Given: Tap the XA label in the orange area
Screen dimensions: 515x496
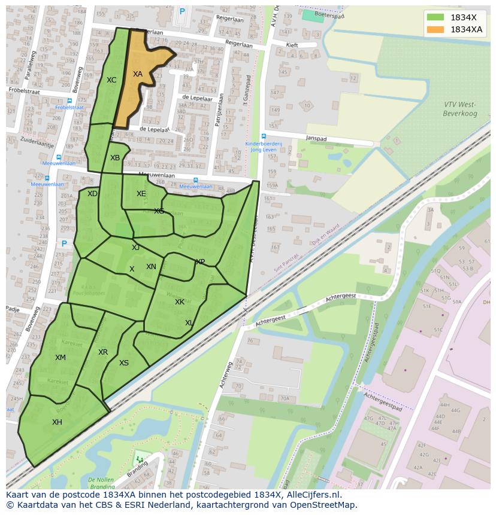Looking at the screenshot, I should click(x=138, y=74).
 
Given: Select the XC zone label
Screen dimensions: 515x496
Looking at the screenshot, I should click(x=111, y=80).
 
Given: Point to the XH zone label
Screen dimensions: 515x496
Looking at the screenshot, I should click(x=57, y=422).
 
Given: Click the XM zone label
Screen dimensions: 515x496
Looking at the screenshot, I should click(x=61, y=358).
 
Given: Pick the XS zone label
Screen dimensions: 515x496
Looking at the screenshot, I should click(x=124, y=363).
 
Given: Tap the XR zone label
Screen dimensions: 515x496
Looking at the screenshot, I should click(x=103, y=352).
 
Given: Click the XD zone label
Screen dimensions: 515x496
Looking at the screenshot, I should click(x=92, y=194).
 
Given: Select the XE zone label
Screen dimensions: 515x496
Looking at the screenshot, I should click(x=141, y=194).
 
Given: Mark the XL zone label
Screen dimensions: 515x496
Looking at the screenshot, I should click(x=189, y=323).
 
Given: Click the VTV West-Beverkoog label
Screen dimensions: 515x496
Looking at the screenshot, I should click(x=459, y=109).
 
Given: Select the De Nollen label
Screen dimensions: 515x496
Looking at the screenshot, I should click(x=101, y=480).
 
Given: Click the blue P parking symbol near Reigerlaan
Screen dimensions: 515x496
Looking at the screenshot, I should click(x=182, y=11).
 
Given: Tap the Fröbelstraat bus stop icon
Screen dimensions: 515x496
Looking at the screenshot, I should click(x=69, y=100).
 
